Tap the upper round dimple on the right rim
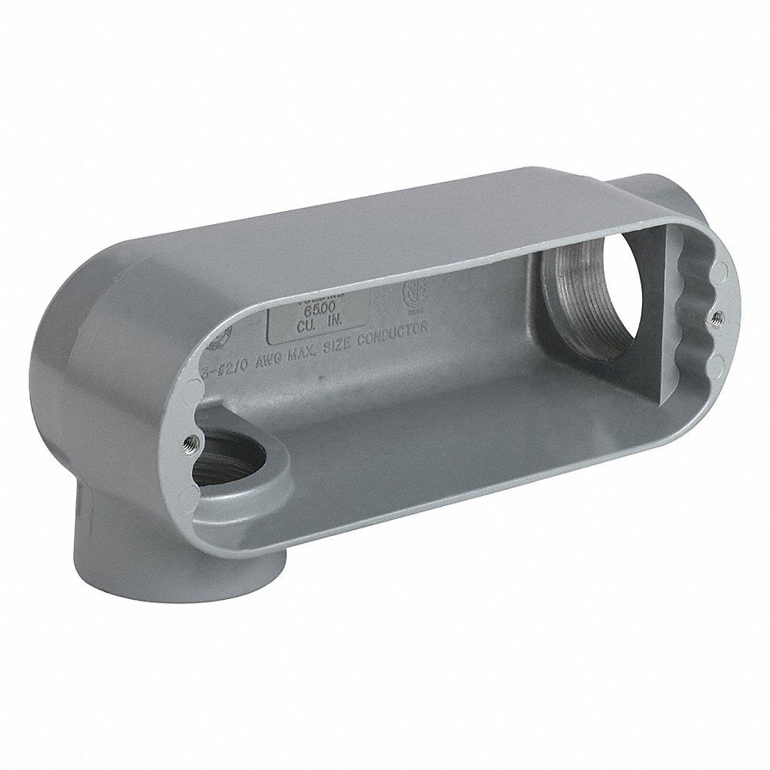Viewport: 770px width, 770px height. click(x=719, y=271)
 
